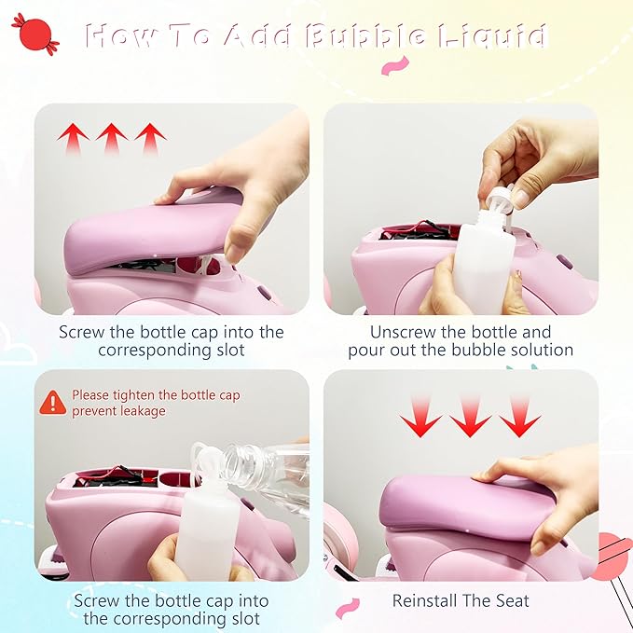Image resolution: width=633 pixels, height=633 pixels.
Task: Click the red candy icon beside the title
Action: (35, 34)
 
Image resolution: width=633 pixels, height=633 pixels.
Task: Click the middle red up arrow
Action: (112, 139)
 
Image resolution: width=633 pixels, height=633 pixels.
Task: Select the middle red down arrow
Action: (470, 417)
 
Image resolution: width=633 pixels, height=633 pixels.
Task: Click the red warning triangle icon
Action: (53, 403)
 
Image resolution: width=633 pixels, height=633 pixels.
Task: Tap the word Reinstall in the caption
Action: (424, 600)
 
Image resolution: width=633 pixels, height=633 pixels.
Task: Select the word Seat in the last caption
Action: (512, 600)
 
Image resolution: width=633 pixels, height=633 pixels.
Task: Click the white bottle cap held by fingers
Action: (500, 199)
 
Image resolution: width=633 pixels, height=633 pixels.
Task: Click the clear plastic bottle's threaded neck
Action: (241, 461)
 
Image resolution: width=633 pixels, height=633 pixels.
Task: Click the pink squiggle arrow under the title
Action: (395, 66)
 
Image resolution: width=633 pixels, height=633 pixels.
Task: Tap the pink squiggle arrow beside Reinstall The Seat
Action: (348, 609)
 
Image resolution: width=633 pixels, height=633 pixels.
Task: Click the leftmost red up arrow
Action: (73, 139)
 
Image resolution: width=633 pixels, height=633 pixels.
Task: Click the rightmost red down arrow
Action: (520, 417)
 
